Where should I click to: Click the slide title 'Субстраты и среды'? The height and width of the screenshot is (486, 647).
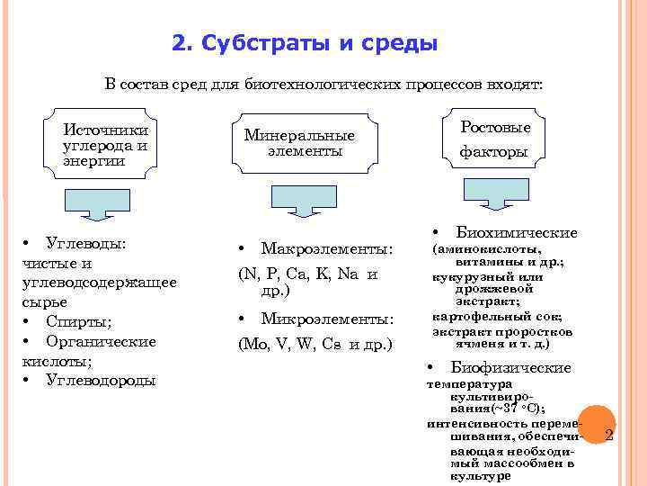coord(319,43)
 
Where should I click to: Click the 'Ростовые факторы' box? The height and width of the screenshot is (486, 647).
coord(494,139)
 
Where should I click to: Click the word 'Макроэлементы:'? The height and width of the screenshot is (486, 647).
coord(326,247)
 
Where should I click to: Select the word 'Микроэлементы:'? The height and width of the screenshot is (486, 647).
coord(326,319)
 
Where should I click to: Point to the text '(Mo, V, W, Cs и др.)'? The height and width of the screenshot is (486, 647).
coord(315,344)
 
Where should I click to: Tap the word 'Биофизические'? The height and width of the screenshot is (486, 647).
coord(510,368)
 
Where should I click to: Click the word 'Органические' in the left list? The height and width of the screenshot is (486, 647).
coord(101,341)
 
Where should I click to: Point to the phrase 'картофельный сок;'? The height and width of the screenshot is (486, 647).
coord(497,317)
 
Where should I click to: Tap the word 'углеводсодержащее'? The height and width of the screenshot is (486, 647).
coord(98,283)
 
